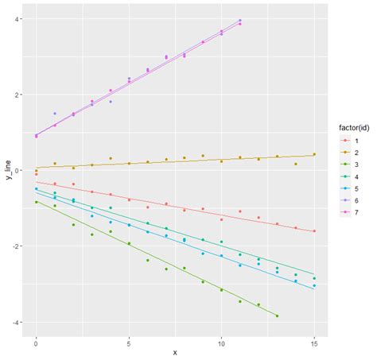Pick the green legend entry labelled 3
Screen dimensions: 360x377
point(344,164)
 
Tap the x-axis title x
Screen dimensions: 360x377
point(175,353)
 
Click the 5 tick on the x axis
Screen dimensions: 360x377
point(129,343)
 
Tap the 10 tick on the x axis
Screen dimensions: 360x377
point(221,343)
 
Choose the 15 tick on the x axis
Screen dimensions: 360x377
point(314,343)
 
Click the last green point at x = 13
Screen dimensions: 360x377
point(277,315)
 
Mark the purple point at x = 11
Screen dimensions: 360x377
point(240,20)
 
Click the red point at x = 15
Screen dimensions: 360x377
point(314,231)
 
